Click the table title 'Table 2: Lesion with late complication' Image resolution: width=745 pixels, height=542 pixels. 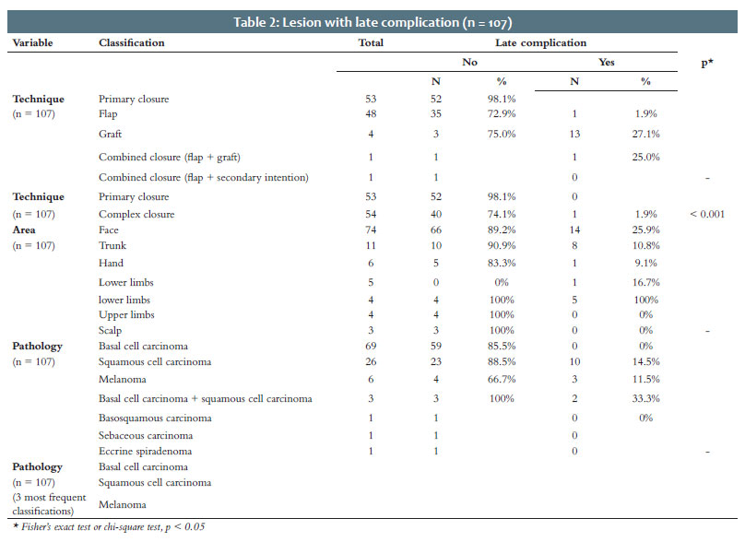click(346, 22)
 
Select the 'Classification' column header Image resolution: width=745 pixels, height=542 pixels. click(132, 42)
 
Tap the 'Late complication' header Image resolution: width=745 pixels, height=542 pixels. click(540, 42)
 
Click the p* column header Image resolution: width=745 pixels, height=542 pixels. click(707, 63)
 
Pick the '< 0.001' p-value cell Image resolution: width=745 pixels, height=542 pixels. click(707, 214)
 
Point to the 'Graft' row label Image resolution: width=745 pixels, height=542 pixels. click(111, 134)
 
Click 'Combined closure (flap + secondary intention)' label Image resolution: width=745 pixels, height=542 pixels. click(204, 178)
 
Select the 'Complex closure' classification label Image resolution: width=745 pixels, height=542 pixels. click(136, 214)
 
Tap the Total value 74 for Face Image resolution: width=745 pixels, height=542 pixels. click(371, 230)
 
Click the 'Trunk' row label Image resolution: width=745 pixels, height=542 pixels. click(112, 245)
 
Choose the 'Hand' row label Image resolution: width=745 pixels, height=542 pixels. click(111, 263)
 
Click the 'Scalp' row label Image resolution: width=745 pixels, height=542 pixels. click(111, 330)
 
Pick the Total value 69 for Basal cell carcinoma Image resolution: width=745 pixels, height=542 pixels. click(371, 346)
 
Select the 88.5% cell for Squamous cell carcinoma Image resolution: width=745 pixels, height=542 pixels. click(502, 361)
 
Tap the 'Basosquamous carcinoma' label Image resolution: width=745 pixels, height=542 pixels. click(155, 418)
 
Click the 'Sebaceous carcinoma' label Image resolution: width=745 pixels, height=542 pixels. click(146, 435)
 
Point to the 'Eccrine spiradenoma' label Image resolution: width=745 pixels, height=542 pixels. click(145, 452)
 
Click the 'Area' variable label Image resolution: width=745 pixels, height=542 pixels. click(24, 230)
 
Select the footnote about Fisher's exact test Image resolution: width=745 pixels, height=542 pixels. click(109, 527)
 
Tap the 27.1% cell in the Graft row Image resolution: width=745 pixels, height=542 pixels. click(645, 134)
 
